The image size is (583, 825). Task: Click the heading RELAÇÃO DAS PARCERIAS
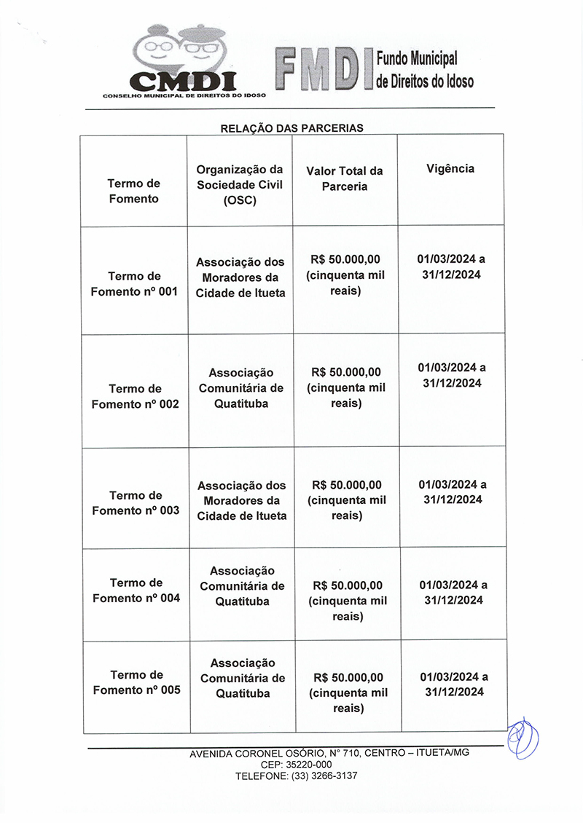coord(291,128)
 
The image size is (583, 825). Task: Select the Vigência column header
coord(450,168)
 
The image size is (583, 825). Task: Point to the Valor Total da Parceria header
coord(345,178)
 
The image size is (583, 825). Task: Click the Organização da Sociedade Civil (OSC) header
coord(240,184)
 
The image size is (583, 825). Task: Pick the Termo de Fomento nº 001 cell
coord(134,284)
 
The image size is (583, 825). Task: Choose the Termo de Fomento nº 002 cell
coord(135,396)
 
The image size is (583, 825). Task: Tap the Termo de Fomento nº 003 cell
coord(136,503)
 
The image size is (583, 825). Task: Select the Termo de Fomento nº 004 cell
coord(136,591)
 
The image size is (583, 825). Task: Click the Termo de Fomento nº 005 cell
coord(136,682)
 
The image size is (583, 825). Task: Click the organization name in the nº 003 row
coord(242,500)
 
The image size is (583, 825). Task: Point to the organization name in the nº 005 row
coord(243,678)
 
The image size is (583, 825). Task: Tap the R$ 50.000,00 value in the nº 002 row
coord(346,372)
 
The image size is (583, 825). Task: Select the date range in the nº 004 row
coord(453,593)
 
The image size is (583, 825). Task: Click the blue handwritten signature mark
coord(523,738)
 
